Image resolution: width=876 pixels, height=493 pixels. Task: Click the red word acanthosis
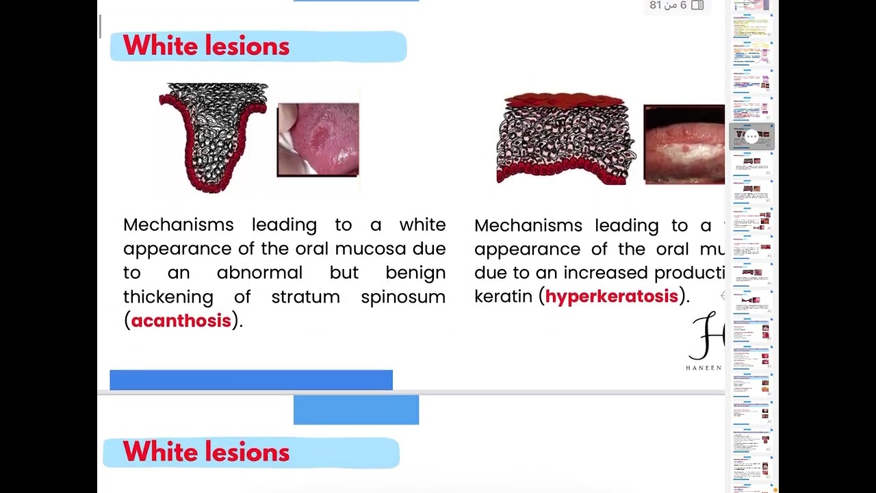[181, 320]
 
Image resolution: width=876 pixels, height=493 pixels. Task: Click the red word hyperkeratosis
[611, 296]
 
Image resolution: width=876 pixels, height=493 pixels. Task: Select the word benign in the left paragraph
[415, 273]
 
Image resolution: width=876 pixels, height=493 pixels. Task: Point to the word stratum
[305, 296]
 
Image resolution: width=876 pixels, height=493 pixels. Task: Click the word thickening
[168, 296]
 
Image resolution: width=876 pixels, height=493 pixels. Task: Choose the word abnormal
[259, 273]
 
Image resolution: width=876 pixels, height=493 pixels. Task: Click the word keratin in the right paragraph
[503, 296]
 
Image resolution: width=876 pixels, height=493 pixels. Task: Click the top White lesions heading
[206, 47]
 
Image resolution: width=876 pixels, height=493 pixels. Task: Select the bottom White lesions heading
[206, 453]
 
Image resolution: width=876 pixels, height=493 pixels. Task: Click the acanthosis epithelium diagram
[213, 137]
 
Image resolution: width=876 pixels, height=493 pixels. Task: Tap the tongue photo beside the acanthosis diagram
[318, 140]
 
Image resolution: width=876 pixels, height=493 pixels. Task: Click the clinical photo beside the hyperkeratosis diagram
[684, 144]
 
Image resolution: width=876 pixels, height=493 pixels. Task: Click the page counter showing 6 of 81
[668, 5]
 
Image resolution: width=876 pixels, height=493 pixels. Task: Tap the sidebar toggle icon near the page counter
[697, 5]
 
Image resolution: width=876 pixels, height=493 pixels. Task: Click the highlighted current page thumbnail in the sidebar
[751, 137]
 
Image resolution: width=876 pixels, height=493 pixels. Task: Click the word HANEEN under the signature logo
[704, 368]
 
